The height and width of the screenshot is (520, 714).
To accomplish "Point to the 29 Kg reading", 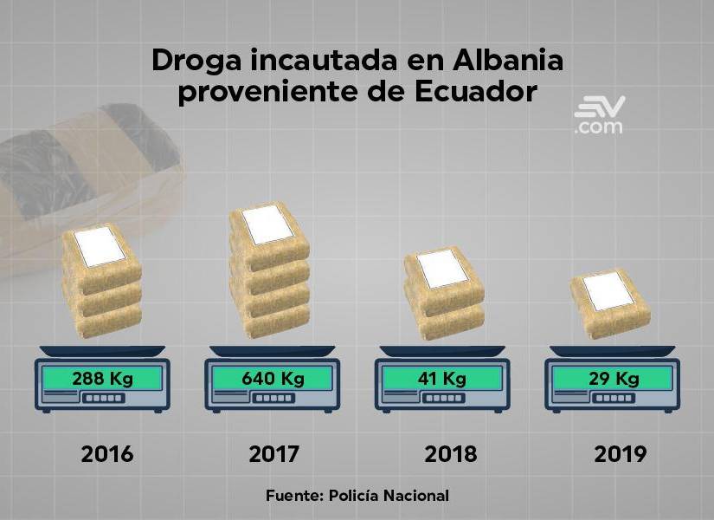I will (x=613, y=379).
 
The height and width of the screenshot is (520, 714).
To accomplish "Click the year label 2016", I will (x=107, y=453).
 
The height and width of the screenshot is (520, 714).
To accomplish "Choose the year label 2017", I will (x=274, y=453).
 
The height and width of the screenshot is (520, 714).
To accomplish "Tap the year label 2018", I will (x=450, y=453).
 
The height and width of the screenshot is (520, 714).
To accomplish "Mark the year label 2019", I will (x=621, y=453).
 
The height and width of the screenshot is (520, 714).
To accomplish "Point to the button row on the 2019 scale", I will (x=613, y=400).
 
